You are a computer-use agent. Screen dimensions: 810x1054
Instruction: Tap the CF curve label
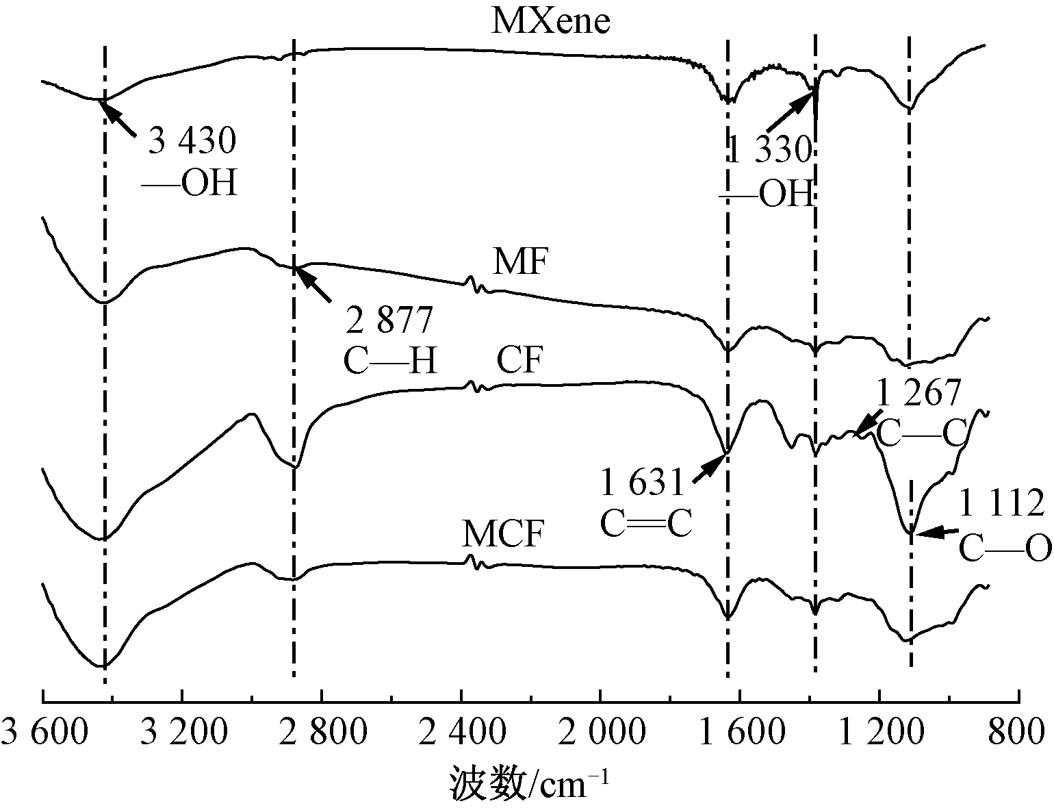pos(519,360)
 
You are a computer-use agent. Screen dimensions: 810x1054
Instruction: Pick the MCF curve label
pos(504,534)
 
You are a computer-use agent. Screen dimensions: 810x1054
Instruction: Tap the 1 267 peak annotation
pos(919,393)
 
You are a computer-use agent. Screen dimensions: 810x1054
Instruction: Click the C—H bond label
pos(390,361)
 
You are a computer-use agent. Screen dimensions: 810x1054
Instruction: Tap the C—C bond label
pos(921,432)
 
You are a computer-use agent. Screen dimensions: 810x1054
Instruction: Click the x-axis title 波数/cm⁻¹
pos(528,783)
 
